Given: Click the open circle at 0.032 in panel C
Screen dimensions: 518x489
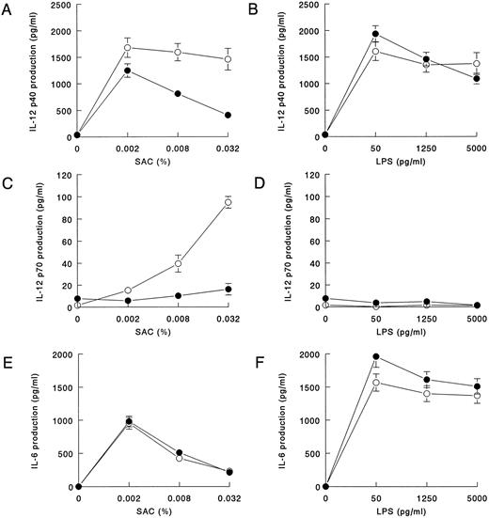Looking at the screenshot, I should point(228,202).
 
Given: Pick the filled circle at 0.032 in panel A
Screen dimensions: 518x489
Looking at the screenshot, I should point(228,115).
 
